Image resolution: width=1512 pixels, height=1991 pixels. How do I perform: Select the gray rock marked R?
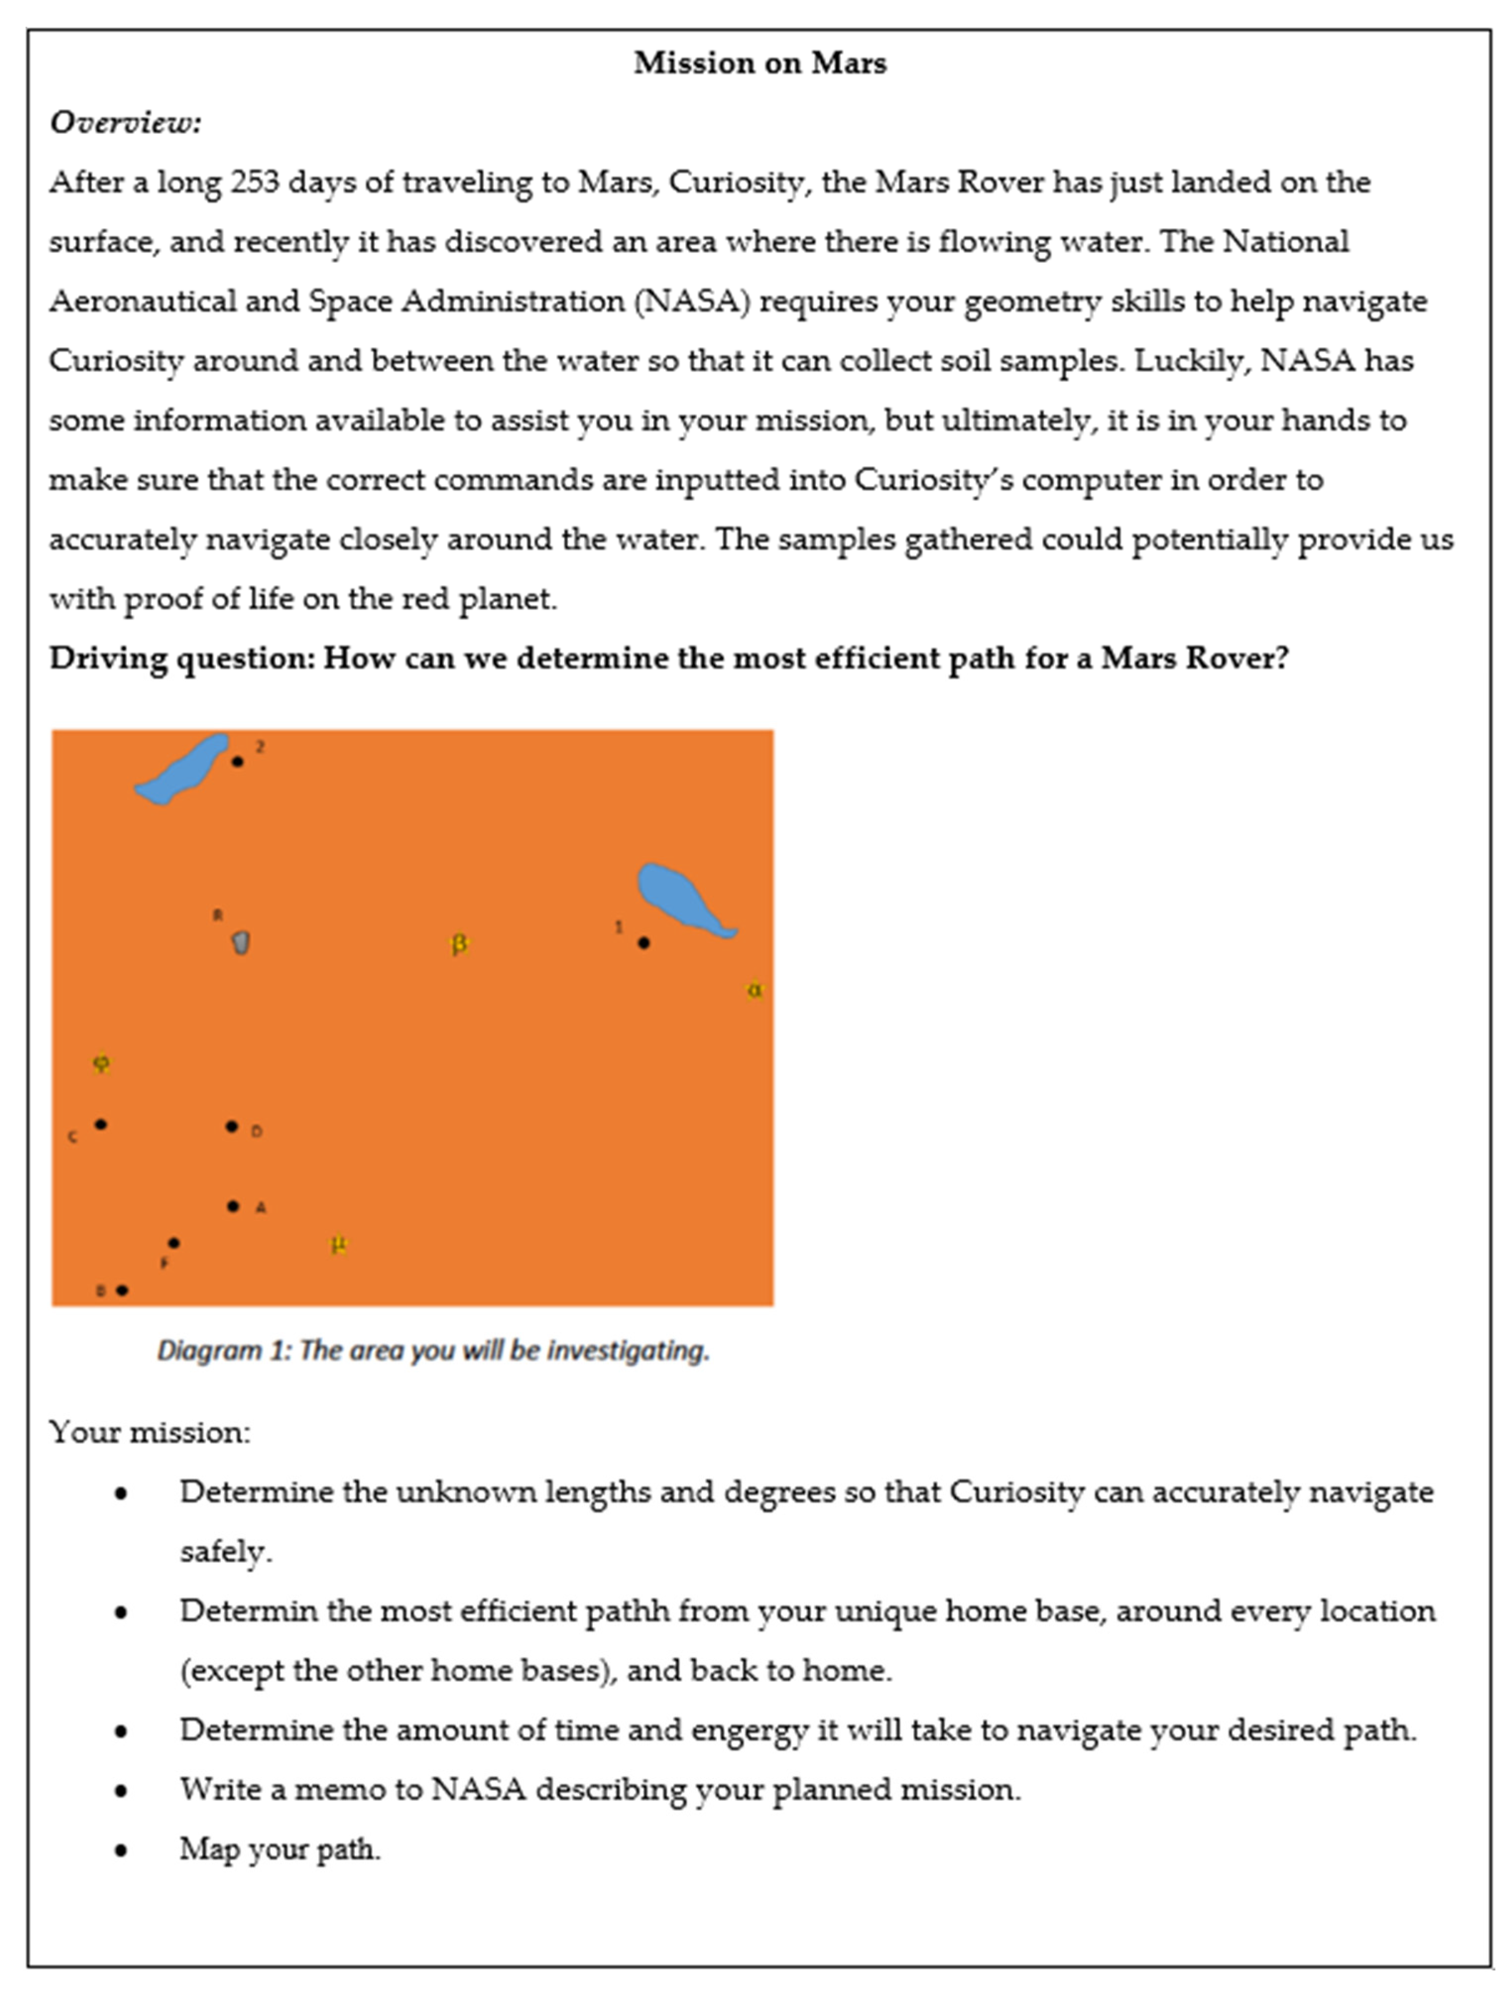coord(240,942)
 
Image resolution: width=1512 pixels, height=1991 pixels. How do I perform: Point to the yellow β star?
coord(459,944)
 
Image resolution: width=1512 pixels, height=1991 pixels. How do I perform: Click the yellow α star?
coord(754,990)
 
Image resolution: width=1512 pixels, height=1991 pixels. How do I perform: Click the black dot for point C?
coord(101,1124)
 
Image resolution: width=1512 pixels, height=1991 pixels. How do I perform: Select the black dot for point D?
coord(232,1126)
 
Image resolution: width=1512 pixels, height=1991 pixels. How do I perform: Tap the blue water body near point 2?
coord(183,770)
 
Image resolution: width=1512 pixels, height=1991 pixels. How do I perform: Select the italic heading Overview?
coord(125,122)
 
